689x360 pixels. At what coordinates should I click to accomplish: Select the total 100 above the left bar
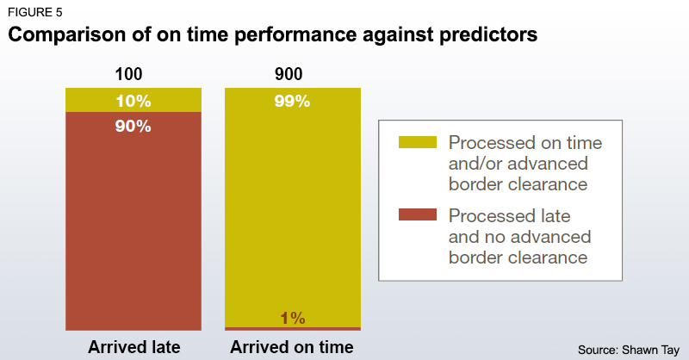pos(133,75)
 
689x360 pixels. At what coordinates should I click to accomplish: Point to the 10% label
pos(133,101)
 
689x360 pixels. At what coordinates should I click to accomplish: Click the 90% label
pos(133,127)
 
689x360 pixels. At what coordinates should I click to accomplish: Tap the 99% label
pos(292,101)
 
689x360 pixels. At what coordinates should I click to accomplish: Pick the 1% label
pos(292,319)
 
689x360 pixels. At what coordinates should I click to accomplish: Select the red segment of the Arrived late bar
pos(133,224)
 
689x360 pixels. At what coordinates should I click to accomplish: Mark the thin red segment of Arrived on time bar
pos(258,328)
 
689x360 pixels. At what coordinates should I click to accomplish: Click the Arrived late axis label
pos(133,347)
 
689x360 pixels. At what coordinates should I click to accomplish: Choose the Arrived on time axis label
pos(292,347)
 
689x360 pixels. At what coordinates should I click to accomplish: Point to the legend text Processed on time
pos(525,142)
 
